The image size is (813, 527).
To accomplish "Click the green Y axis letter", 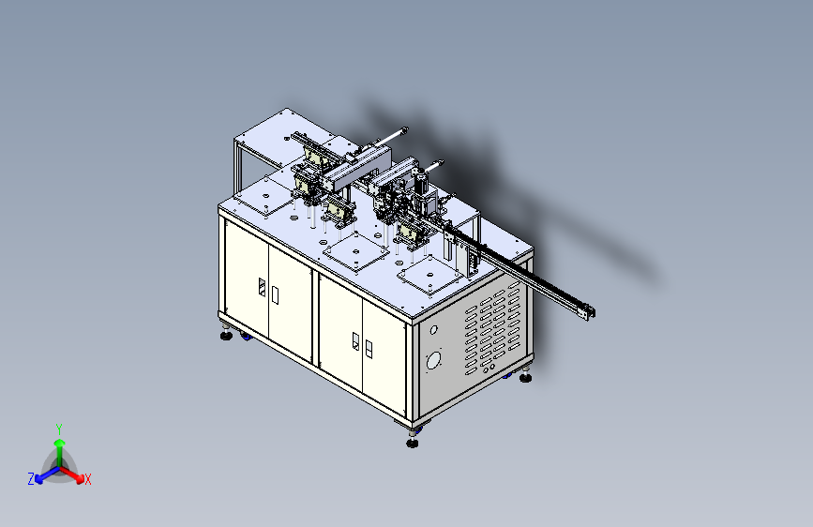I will (59, 427).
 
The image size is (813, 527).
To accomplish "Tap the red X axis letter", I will (88, 479).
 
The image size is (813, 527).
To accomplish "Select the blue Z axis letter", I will (31, 478).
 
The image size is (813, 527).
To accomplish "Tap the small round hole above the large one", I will (433, 330).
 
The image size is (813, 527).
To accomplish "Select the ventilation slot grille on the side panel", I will (494, 332).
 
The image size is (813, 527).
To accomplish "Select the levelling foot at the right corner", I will (525, 378).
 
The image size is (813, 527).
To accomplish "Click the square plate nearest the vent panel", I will (429, 276).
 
